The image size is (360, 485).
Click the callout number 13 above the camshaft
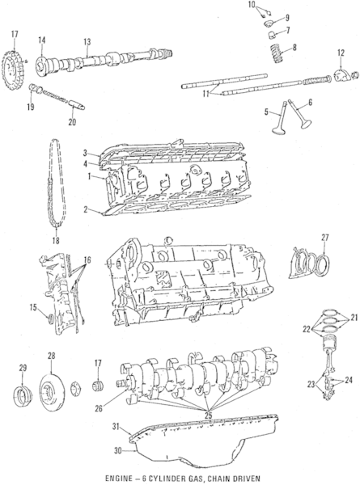87,42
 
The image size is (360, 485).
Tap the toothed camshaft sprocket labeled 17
14,61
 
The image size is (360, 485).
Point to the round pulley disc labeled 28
51,384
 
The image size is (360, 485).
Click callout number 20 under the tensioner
71,122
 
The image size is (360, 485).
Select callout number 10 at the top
252,6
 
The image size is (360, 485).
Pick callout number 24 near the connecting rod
349,379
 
